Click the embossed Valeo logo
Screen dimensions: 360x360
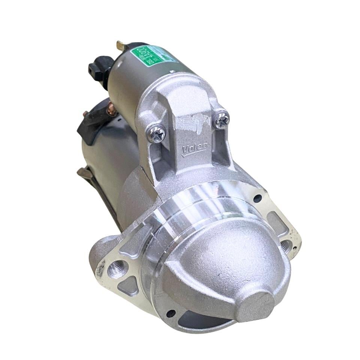[x=194, y=149]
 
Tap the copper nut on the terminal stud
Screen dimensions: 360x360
[x=111, y=110]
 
